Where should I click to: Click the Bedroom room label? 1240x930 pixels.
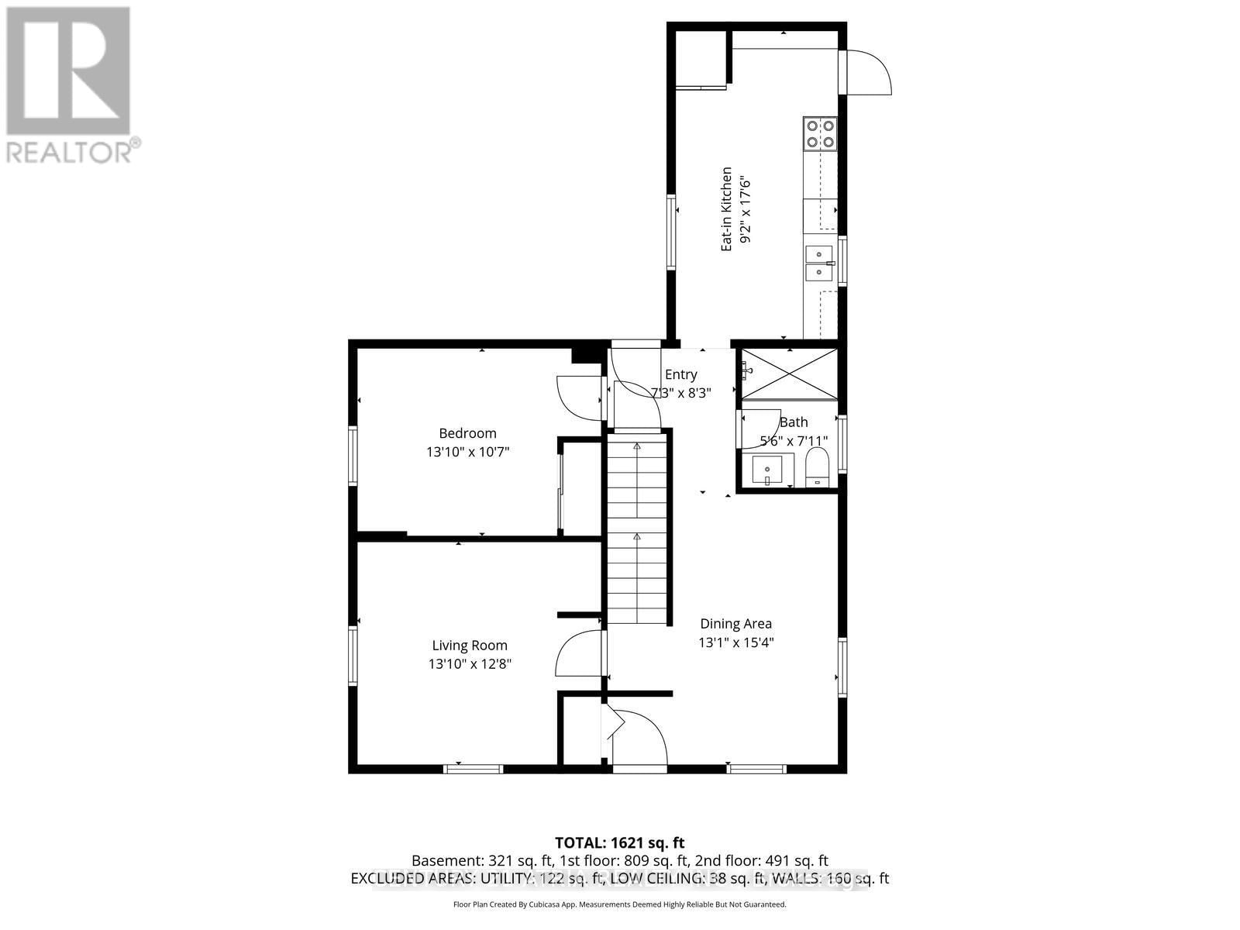tap(467, 433)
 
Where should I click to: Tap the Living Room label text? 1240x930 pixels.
tap(470, 645)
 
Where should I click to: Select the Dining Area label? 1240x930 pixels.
tap(735, 623)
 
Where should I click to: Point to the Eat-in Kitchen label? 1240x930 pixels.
tap(727, 208)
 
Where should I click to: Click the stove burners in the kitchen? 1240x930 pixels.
tap(820, 133)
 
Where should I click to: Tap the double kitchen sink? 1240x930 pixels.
tap(819, 263)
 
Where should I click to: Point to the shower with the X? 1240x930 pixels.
tap(788, 374)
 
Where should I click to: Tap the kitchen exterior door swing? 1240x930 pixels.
tap(868, 73)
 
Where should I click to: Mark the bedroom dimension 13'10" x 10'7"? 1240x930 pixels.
tap(467, 452)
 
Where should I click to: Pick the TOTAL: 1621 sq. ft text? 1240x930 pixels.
tap(619, 842)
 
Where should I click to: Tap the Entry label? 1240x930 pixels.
tap(681, 374)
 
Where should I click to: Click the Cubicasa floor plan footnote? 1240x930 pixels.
tap(619, 904)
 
